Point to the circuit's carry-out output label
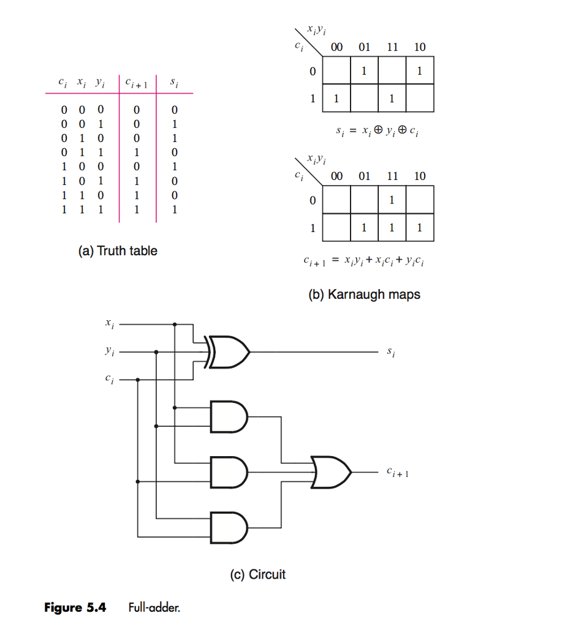pyautogui.click(x=397, y=473)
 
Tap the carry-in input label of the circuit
pyautogui.click(x=109, y=380)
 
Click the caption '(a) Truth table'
pyautogui.click(x=118, y=250)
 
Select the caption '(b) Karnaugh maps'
pyautogui.click(x=364, y=295)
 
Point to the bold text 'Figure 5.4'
pyautogui.click(x=75, y=608)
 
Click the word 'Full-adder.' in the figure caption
pyautogui.click(x=155, y=608)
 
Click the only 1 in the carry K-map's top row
pyautogui.click(x=392, y=200)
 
